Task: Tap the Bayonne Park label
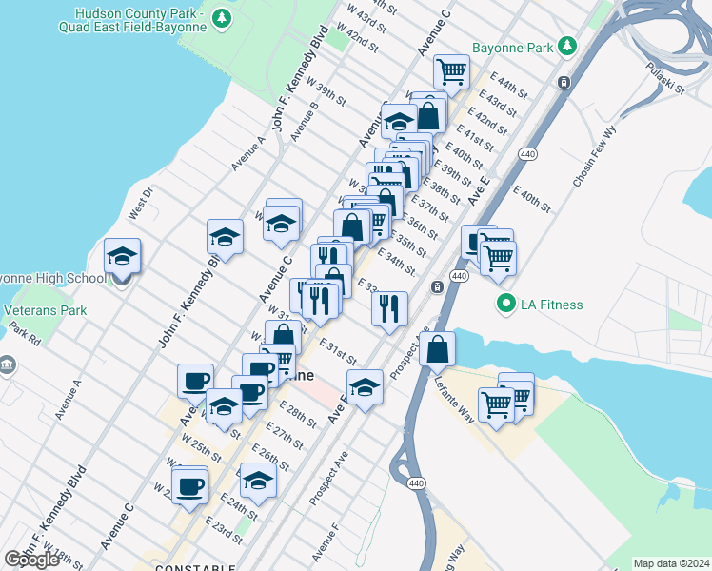point(513,47)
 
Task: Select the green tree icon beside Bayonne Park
point(567,46)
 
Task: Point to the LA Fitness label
point(551,305)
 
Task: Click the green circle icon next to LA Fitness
point(506,305)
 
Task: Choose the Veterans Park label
point(45,310)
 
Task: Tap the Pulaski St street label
point(665,77)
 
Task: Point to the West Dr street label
point(140,206)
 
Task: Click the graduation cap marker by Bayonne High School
point(122,257)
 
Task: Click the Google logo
point(31,560)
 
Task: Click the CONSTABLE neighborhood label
point(194,568)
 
